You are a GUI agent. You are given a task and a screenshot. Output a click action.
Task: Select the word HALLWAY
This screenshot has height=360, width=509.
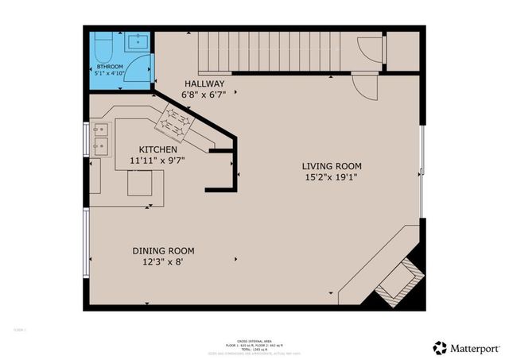coord(204,83)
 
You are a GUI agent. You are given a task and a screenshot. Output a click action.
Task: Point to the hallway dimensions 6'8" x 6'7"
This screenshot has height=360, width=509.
coord(204,95)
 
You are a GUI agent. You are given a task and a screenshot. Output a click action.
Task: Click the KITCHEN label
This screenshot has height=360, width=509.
coord(158,149)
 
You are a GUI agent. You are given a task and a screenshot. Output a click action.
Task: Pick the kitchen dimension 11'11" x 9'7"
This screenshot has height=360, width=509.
coord(158,161)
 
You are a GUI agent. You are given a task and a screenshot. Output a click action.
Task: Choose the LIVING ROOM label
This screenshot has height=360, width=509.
coord(332,166)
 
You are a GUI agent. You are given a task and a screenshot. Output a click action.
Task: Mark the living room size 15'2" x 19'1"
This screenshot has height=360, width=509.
coord(332,177)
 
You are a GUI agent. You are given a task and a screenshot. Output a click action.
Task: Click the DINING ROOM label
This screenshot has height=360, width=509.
coord(163,250)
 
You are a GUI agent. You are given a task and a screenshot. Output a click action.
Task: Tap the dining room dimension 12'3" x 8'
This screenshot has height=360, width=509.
coord(163,261)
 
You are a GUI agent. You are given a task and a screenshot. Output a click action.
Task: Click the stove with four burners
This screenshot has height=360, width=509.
coord(176,122)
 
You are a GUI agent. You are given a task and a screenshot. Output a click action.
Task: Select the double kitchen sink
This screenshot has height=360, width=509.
coord(100,137)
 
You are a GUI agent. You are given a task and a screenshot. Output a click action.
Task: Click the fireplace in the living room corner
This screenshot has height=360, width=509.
coord(397,283)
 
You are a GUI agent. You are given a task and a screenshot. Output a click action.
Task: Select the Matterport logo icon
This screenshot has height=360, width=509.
coord(440,347)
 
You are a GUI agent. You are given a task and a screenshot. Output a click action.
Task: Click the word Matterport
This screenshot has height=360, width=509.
coord(476,348)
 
